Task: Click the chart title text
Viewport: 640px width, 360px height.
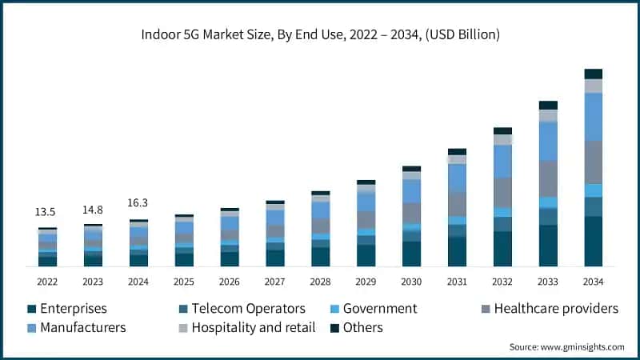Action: coord(320,34)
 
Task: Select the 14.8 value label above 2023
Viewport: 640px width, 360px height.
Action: coord(93,210)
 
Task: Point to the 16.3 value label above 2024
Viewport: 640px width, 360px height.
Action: coord(138,203)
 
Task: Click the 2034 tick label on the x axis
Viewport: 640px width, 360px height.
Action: coord(593,282)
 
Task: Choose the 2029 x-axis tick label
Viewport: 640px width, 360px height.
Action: coord(366,282)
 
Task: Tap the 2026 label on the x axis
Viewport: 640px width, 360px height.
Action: coord(230,282)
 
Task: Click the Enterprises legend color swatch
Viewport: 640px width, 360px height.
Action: coord(31,309)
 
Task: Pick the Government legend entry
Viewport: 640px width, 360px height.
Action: coord(380,309)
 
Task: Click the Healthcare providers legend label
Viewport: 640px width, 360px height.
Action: coord(556,309)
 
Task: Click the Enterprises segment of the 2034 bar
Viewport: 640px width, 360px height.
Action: coord(593,241)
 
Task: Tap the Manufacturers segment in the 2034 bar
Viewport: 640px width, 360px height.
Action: coord(593,117)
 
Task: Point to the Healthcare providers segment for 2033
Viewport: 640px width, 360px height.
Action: coord(548,178)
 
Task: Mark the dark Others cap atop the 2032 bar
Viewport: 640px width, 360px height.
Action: coord(502,130)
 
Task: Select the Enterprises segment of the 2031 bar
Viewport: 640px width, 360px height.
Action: coord(457,251)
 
